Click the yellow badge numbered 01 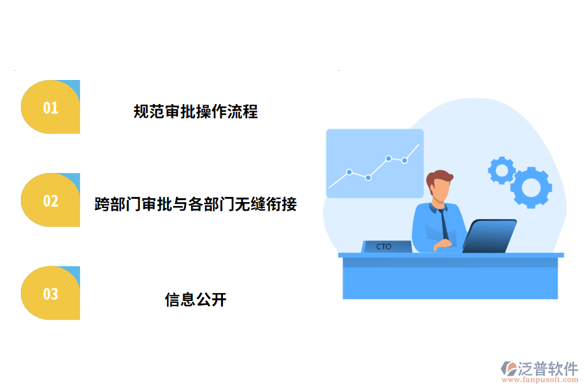coord(51,107)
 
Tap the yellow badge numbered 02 coord(51,201)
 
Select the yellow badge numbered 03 coord(51,294)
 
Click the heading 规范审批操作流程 coord(196,112)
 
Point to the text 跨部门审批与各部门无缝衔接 coord(196,205)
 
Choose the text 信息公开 coord(196,300)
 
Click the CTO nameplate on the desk coord(385,246)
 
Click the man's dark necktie coord(443,224)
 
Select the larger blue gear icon coord(531,187)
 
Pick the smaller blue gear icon coord(501,170)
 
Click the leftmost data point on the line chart coord(349,172)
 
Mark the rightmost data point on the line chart coord(404,160)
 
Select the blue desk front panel coord(450,279)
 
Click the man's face coord(440,190)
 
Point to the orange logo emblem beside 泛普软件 coord(508,371)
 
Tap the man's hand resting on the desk coord(443,244)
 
